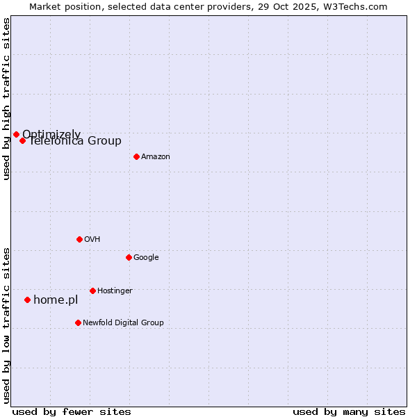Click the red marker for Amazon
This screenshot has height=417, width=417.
[136, 156]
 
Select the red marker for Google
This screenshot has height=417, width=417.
[129, 257]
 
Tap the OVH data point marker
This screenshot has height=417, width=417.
[79, 239]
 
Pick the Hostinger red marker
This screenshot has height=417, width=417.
[92, 291]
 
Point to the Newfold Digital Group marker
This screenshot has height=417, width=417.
[78, 322]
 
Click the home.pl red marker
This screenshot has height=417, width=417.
[27, 300]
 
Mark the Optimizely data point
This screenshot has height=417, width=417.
[16, 134]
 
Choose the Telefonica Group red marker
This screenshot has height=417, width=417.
[22, 140]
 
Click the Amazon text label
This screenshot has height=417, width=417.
[156, 157]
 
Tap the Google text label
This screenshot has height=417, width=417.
[146, 258]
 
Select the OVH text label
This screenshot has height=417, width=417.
[92, 240]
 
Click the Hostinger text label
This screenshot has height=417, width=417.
[115, 291]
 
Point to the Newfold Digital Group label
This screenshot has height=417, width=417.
[123, 323]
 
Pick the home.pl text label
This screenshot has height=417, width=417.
[56, 300]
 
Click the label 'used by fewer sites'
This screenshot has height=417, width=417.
[72, 411]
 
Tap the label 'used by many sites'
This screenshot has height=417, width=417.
[349, 411]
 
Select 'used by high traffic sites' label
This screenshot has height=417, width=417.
[6, 99]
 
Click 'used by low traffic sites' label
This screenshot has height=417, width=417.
[6, 325]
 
